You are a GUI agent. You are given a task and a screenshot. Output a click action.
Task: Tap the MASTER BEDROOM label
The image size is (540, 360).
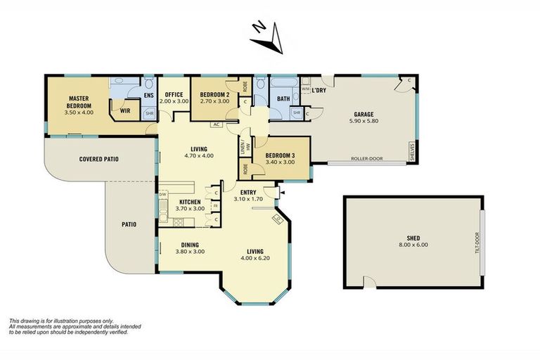(x=81, y=102)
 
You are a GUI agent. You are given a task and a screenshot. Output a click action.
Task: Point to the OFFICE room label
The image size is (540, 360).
(x=174, y=94)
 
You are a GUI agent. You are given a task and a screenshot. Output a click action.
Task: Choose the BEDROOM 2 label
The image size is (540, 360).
(x=215, y=94)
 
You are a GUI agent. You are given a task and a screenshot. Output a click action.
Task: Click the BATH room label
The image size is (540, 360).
(x=283, y=99)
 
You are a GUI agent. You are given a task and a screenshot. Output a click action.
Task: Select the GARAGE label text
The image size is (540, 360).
(x=363, y=114)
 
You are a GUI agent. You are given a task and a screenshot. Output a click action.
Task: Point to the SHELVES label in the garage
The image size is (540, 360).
(x=412, y=151)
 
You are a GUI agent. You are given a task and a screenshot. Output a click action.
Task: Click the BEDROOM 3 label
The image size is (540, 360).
(x=280, y=155)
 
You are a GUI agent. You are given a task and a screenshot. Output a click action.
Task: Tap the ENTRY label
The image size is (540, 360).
(x=247, y=193)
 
